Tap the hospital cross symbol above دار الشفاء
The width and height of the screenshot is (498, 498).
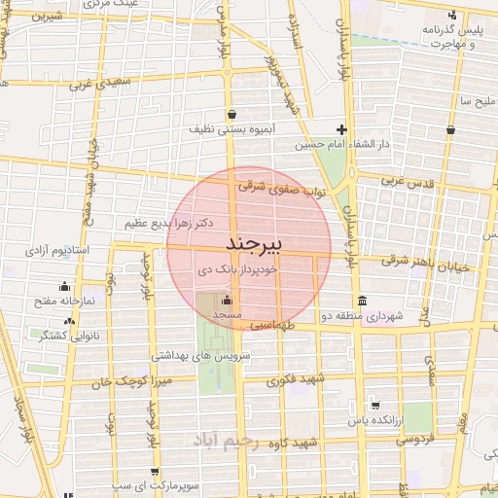pyautogui.click(x=341, y=129)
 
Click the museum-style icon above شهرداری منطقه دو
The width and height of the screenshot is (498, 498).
pyautogui.click(x=363, y=300)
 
